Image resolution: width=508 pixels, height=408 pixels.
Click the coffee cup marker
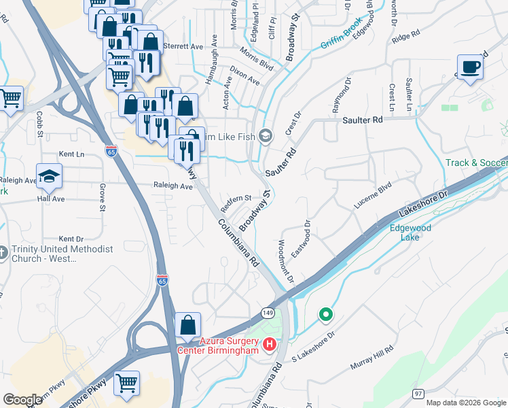(470, 67)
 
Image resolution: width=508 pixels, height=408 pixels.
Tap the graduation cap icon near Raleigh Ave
(49, 177)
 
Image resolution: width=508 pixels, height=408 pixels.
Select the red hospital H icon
(270, 345)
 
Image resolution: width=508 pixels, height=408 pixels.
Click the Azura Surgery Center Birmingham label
(219, 345)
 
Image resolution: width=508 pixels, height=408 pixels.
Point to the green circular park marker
(326, 315)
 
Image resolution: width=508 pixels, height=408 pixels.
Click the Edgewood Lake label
(410, 233)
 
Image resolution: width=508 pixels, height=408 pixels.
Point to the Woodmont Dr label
(285, 260)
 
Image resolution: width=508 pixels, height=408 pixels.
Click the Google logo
(22, 400)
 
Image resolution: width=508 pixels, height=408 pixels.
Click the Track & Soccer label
(475, 163)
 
